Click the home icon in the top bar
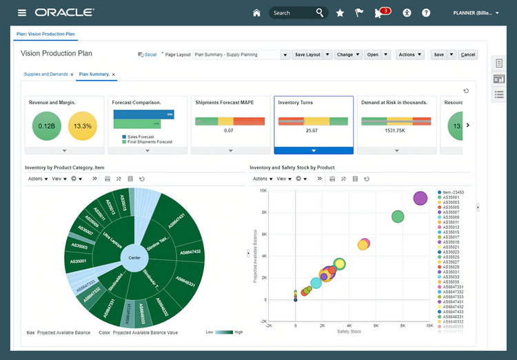point(257,12)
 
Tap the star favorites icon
point(340,12)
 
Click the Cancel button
point(468,54)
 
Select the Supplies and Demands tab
point(45,74)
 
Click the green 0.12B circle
point(46,126)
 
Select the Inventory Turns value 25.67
point(312,130)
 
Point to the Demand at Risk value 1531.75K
point(394,130)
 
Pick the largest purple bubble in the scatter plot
point(420,199)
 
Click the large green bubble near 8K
point(398,217)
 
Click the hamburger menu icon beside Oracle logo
point(22,12)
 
